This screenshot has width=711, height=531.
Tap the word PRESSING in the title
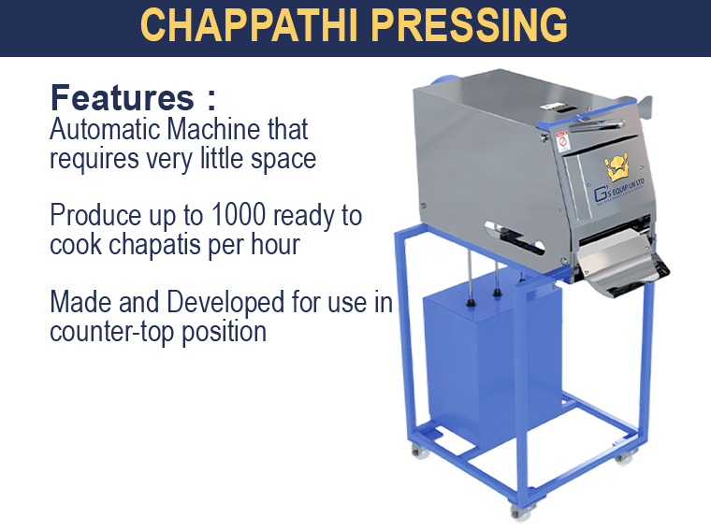[x=470, y=25]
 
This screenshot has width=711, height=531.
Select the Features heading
[x=133, y=97]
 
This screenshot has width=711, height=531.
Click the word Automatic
[x=105, y=129]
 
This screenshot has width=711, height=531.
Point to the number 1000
[x=239, y=215]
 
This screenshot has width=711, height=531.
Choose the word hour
[x=276, y=244]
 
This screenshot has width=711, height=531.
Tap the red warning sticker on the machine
[x=562, y=141]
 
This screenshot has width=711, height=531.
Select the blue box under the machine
[x=492, y=358]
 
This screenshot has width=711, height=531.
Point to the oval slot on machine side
[x=514, y=236]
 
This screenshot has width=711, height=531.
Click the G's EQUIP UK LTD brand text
[x=619, y=191]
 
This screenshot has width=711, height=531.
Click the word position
[x=224, y=332]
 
